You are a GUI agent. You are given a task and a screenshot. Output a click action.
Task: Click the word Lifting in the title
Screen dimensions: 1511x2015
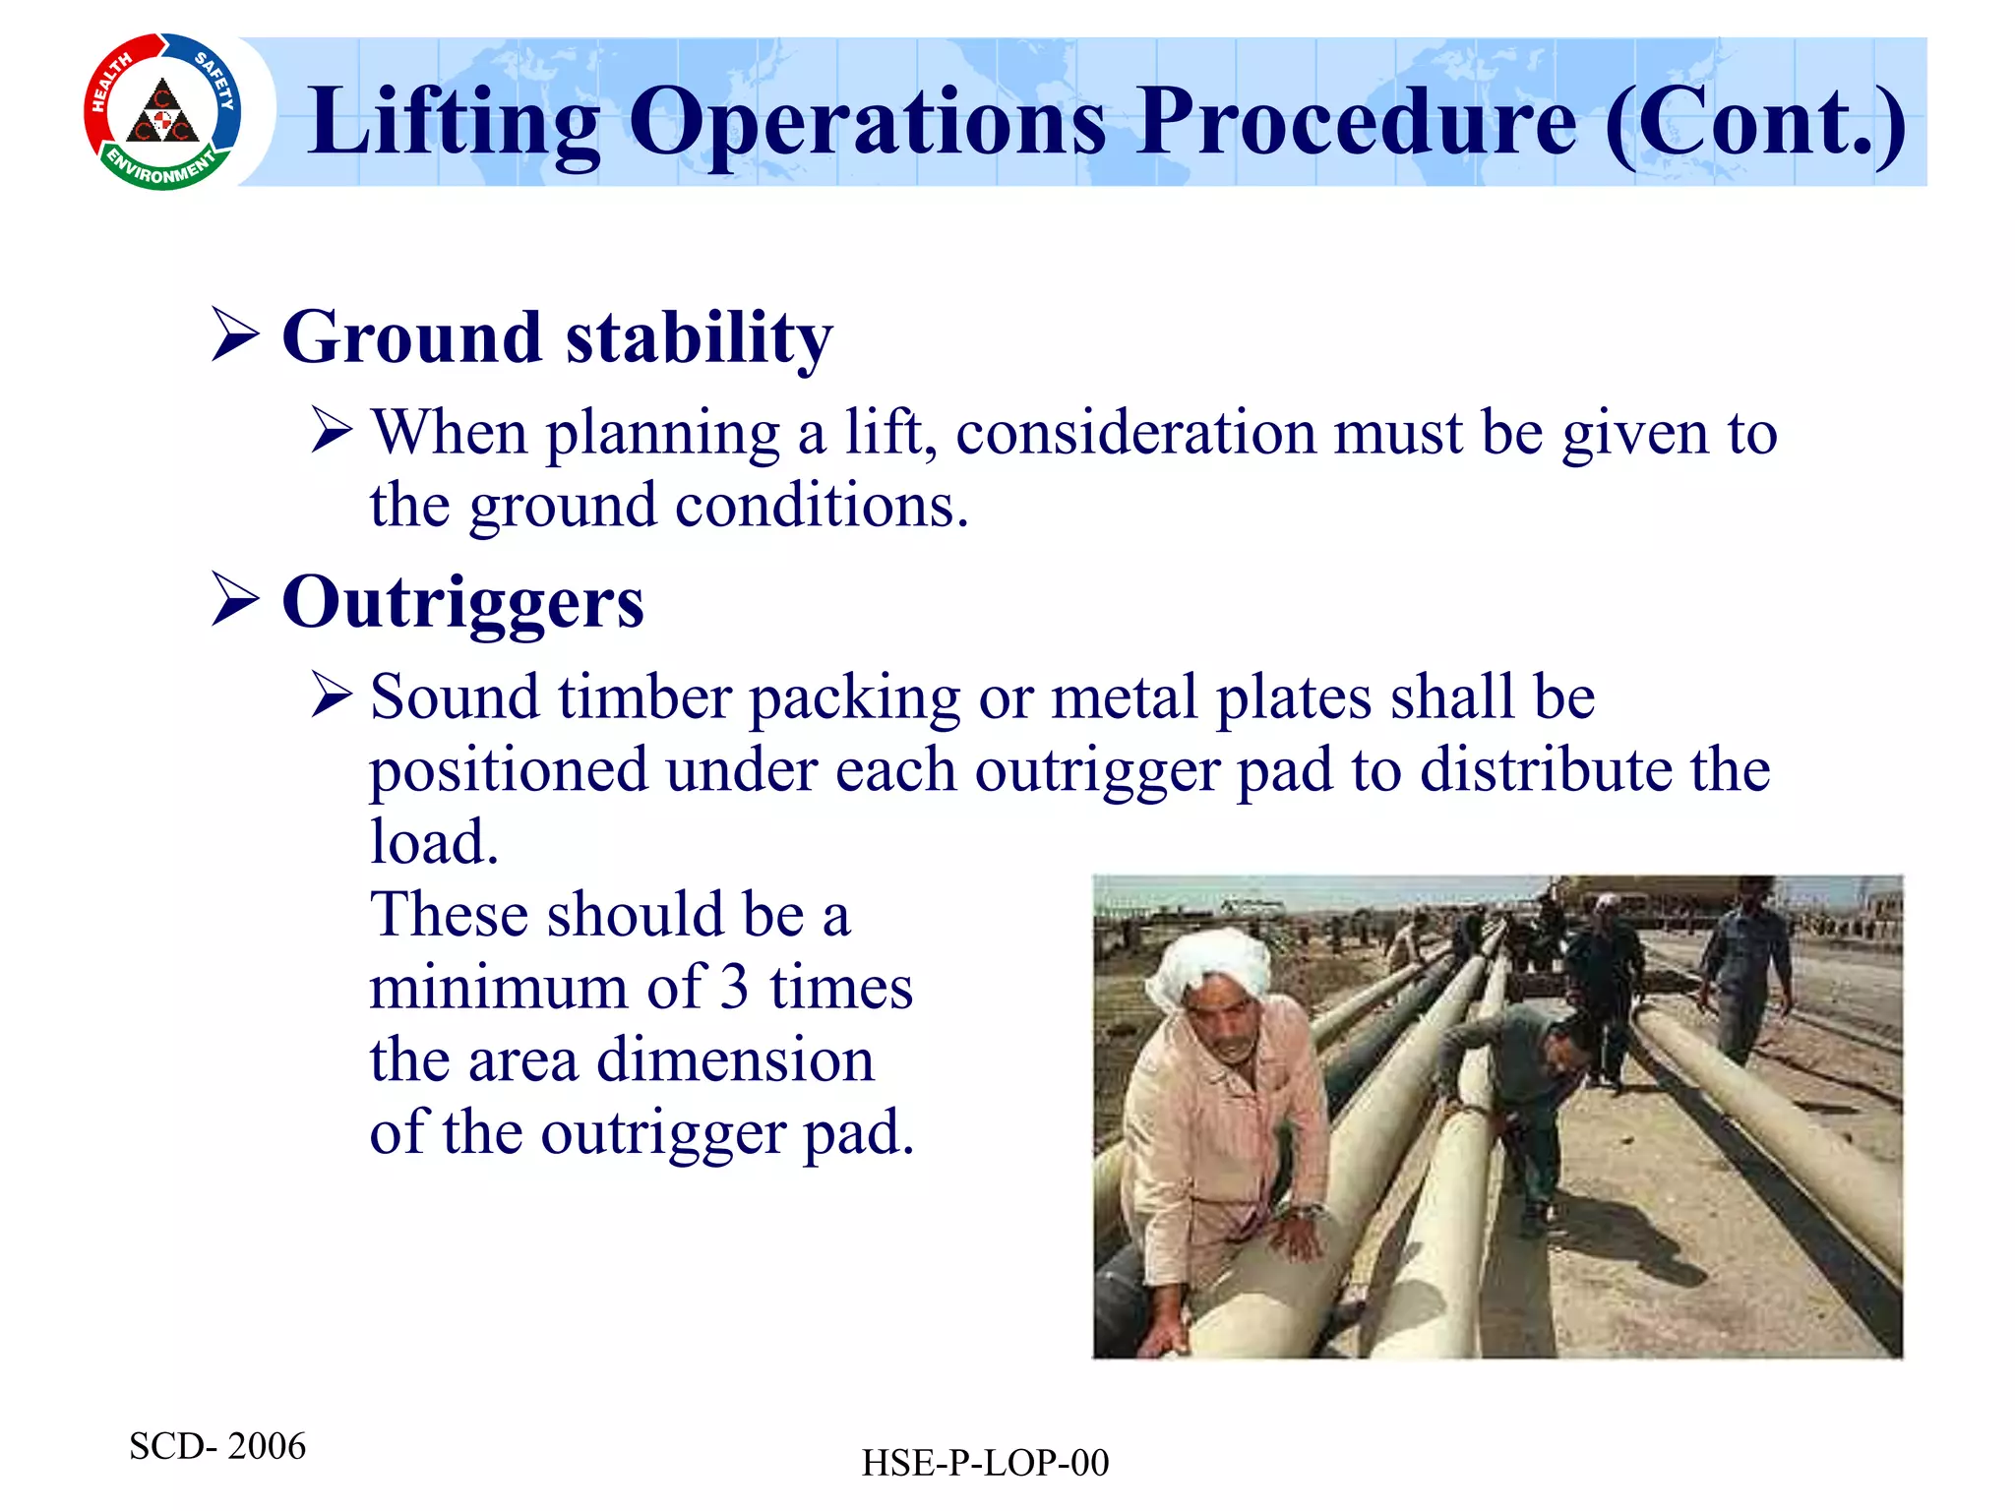pos(453,123)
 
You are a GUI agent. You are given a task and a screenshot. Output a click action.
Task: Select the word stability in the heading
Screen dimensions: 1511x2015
pos(700,337)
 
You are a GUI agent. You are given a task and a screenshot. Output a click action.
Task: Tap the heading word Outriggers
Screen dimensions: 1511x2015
pos(462,602)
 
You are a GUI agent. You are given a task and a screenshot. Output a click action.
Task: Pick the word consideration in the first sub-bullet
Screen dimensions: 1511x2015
pos(1135,433)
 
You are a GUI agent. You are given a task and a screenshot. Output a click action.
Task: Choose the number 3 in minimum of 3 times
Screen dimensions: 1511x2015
pos(734,988)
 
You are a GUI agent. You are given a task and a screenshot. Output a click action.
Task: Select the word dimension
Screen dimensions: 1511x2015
pos(735,1060)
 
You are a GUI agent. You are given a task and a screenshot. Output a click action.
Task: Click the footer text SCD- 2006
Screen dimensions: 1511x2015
pos(217,1446)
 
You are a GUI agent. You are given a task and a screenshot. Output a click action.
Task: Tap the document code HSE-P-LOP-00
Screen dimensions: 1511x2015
pos(985,1463)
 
